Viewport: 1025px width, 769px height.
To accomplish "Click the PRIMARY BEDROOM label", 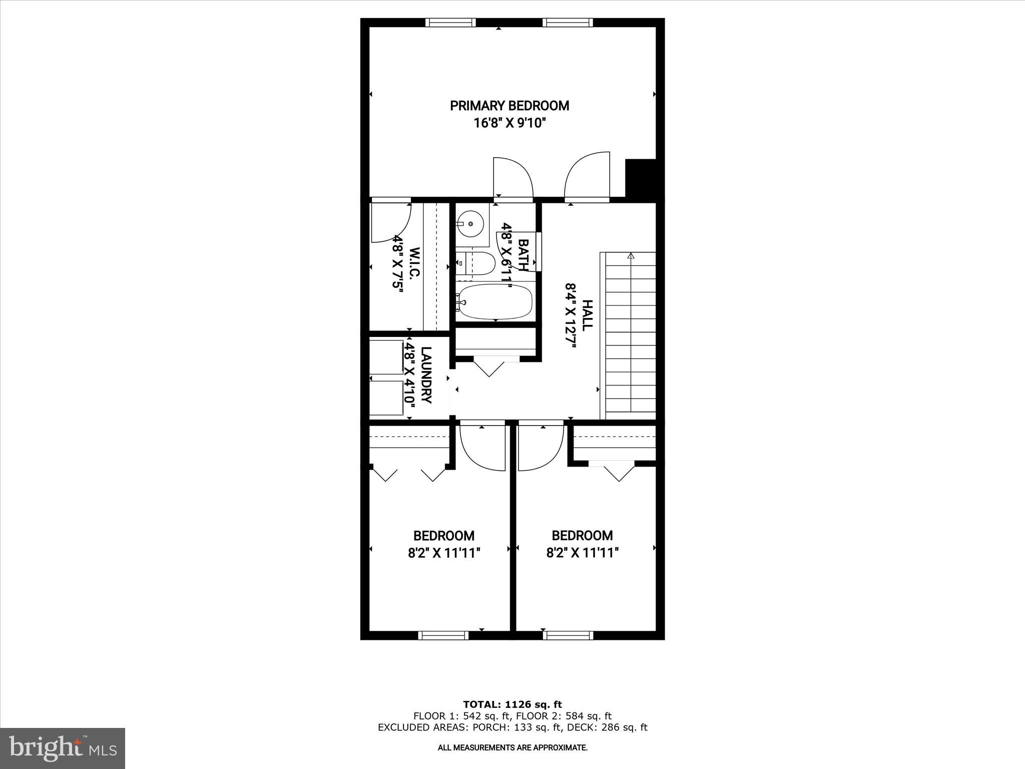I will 509,106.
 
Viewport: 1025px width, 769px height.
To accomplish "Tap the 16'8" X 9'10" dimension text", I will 509,123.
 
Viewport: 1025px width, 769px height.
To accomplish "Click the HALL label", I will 587,315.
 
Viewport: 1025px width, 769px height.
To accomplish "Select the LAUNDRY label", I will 426,375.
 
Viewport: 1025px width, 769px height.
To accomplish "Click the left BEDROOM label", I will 444,536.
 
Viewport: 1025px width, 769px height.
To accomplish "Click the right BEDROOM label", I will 582,536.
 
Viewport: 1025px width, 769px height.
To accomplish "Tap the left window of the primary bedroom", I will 450,23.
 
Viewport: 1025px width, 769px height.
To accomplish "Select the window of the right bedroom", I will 568,635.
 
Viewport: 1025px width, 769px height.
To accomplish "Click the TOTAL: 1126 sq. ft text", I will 512,705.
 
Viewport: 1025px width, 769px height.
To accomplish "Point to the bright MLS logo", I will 63,748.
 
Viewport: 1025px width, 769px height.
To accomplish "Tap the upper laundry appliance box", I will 386,356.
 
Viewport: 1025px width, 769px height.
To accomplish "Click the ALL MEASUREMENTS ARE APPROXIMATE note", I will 512,748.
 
